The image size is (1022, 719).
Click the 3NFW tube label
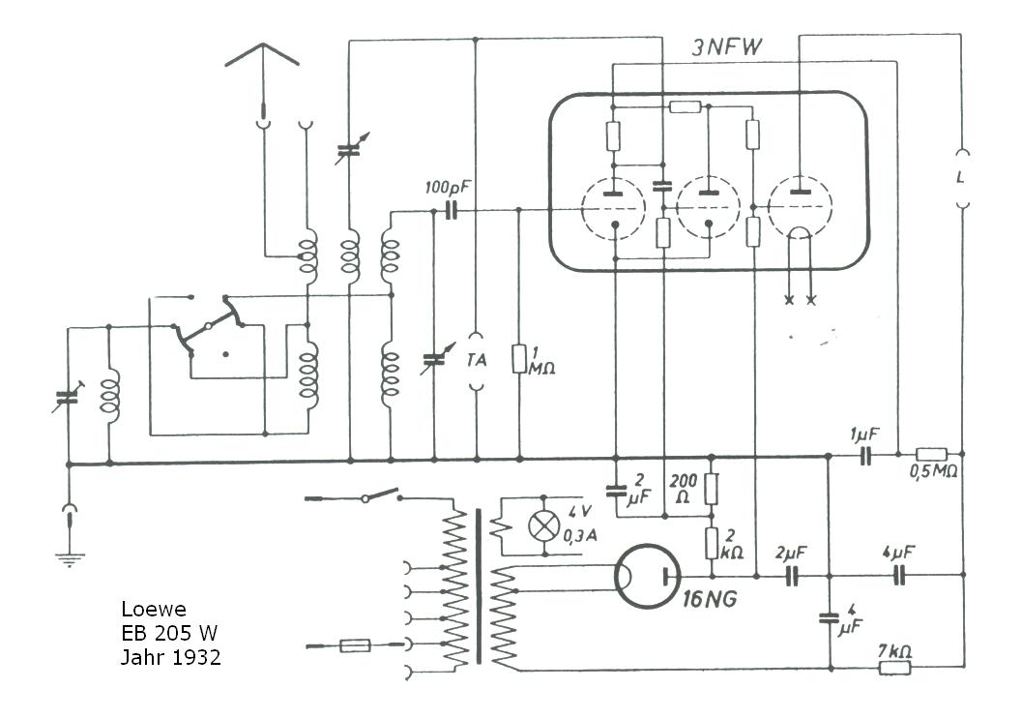pyautogui.click(x=725, y=47)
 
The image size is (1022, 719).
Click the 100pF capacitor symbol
pyautogui.click(x=451, y=210)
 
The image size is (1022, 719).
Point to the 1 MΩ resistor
pyautogui.click(x=519, y=359)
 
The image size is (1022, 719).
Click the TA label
pyautogui.click(x=477, y=360)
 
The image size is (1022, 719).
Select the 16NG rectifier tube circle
pyautogui.click(x=647, y=577)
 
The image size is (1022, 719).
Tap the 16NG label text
pyautogui.click(x=709, y=599)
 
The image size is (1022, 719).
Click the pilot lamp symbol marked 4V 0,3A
pyautogui.click(x=543, y=525)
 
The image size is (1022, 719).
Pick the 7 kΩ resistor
pyautogui.click(x=895, y=667)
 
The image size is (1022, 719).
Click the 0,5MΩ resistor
pyautogui.click(x=931, y=454)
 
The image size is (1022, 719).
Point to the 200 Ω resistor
pyautogui.click(x=712, y=489)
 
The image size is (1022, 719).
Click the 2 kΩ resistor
pyautogui.click(x=712, y=543)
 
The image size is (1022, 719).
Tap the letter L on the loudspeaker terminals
pyautogui.click(x=960, y=177)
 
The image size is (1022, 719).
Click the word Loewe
pyautogui.click(x=154, y=610)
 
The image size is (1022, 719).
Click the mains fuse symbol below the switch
pyautogui.click(x=355, y=645)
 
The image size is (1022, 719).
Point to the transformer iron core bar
pyautogui.click(x=479, y=587)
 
